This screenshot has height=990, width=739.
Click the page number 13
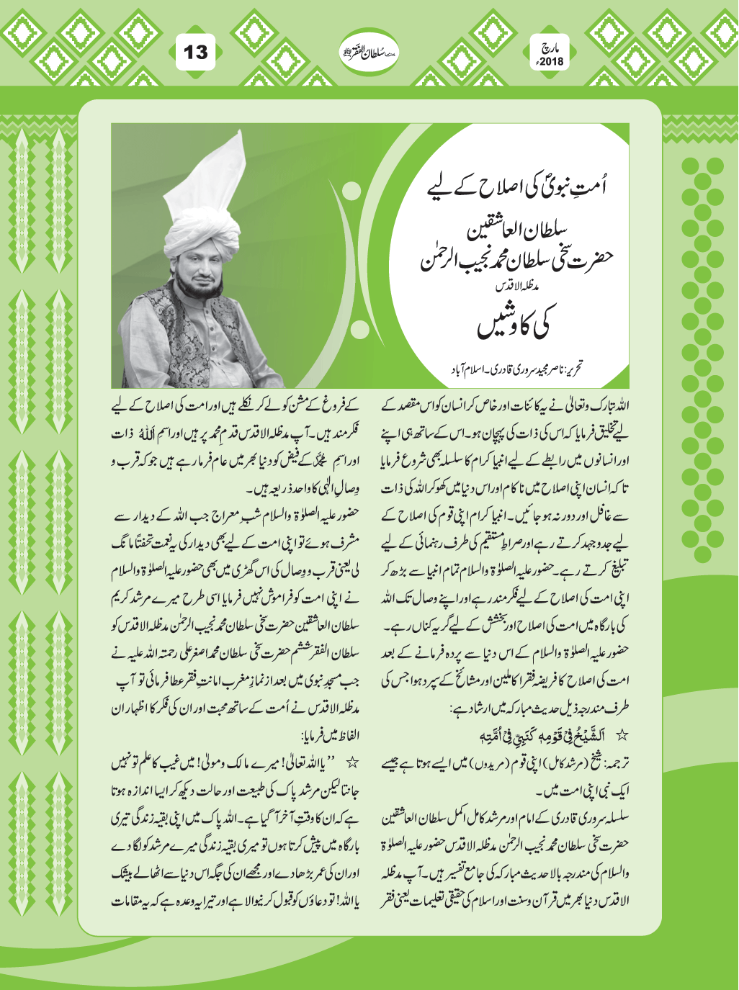click(195, 53)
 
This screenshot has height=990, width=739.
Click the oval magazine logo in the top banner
click(369, 52)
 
